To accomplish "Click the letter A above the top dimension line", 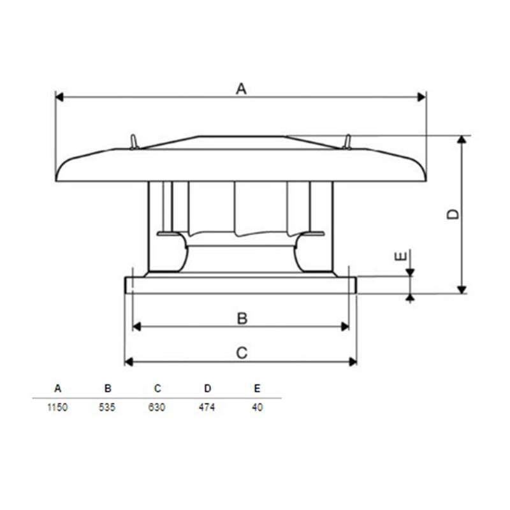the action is pyautogui.click(x=242, y=89).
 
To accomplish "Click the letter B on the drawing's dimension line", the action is pyautogui.click(x=242, y=319).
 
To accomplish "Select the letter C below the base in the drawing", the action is pyautogui.click(x=242, y=353).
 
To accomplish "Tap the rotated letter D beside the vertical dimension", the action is pyautogui.click(x=453, y=214).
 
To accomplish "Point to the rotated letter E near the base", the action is pyautogui.click(x=401, y=257).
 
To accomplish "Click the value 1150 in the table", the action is pyautogui.click(x=57, y=407).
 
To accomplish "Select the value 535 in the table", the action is pyautogui.click(x=107, y=407).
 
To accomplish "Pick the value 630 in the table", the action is pyautogui.click(x=157, y=407).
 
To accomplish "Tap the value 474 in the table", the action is pyautogui.click(x=207, y=407).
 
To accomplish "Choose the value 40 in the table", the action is pyautogui.click(x=258, y=407).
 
